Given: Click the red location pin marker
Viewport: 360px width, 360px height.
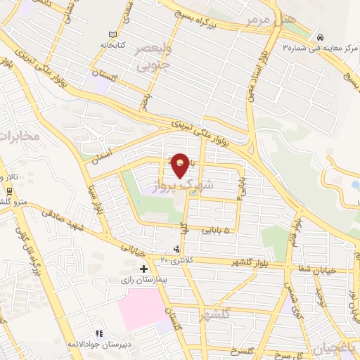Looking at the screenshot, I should (x=181, y=166).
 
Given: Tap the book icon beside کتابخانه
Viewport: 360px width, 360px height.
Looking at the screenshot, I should (x=113, y=35).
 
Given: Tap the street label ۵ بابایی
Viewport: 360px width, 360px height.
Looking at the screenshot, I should (x=224, y=229).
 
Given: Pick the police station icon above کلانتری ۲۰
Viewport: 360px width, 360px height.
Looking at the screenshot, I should (x=176, y=249).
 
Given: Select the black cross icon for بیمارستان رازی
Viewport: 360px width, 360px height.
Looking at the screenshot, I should (x=143, y=269).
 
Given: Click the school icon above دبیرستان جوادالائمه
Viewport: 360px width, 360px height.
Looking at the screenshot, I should (x=99, y=332).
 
